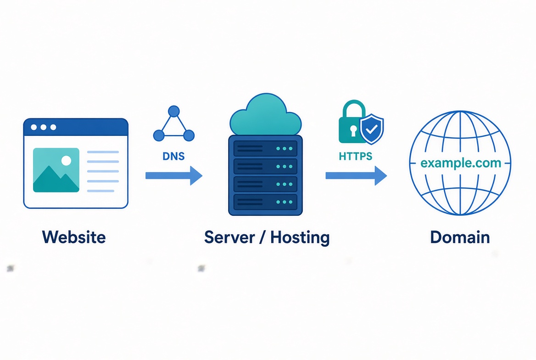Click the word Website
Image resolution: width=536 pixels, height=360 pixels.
click(74, 237)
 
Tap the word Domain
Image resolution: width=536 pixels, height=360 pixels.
click(460, 237)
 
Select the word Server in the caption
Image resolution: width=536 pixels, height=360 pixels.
click(229, 237)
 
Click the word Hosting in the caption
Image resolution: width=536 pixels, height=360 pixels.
click(300, 237)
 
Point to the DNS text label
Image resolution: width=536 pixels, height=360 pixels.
click(173, 157)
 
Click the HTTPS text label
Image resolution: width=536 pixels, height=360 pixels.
click(356, 157)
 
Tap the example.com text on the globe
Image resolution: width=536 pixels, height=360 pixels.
click(461, 163)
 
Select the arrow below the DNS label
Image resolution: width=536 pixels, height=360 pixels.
click(174, 176)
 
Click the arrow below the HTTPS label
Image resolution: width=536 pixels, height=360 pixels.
click(356, 176)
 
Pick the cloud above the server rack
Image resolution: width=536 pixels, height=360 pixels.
click(266, 115)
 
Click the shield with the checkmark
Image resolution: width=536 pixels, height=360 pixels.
click(372, 129)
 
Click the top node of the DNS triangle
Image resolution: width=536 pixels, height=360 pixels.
click(174, 112)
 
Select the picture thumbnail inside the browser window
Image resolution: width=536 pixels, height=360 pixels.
click(56, 170)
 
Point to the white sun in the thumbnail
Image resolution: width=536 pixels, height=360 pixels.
click(66, 161)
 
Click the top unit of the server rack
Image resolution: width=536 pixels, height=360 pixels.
click(265, 148)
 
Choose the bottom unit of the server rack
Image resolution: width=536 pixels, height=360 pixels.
click(265, 202)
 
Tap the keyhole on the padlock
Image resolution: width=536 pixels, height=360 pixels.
click(353, 131)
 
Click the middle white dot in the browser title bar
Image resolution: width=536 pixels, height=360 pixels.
click(44, 127)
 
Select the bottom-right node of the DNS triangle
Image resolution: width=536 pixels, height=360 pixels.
click(189, 135)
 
